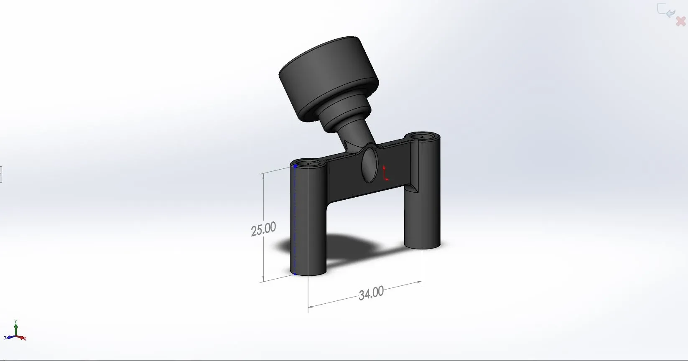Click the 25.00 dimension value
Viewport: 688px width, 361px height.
point(263,229)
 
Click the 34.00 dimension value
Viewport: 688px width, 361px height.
point(371,293)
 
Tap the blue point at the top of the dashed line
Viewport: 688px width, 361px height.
point(295,166)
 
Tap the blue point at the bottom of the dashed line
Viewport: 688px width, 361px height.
point(295,274)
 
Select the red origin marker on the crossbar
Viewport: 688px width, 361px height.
point(385,173)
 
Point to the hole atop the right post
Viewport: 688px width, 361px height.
point(422,136)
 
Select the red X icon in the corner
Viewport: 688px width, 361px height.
point(680,21)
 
